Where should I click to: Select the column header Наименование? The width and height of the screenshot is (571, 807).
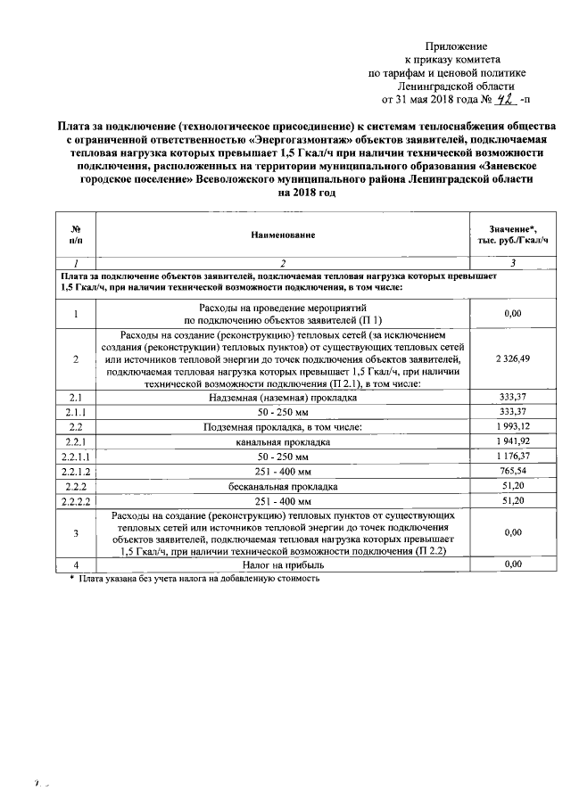pyautogui.click(x=283, y=235)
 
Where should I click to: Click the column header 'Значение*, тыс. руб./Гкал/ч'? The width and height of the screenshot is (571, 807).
pyautogui.click(x=512, y=235)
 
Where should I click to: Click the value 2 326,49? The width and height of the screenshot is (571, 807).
pyautogui.click(x=512, y=358)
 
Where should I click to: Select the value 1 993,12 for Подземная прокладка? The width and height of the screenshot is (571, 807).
pyautogui.click(x=512, y=426)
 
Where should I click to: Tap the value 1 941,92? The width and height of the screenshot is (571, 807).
pyautogui.click(x=512, y=441)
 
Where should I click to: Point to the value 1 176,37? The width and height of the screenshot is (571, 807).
pyautogui.click(x=512, y=457)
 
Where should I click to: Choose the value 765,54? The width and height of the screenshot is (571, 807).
pyautogui.click(x=512, y=472)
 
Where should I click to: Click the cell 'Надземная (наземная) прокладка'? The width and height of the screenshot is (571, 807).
pyautogui.click(x=283, y=396)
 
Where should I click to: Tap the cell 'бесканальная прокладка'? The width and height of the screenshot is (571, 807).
pyautogui.click(x=283, y=487)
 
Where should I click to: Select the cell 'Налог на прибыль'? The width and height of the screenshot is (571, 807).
pyautogui.click(x=283, y=564)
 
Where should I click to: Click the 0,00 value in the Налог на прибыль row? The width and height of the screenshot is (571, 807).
pyautogui.click(x=512, y=564)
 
